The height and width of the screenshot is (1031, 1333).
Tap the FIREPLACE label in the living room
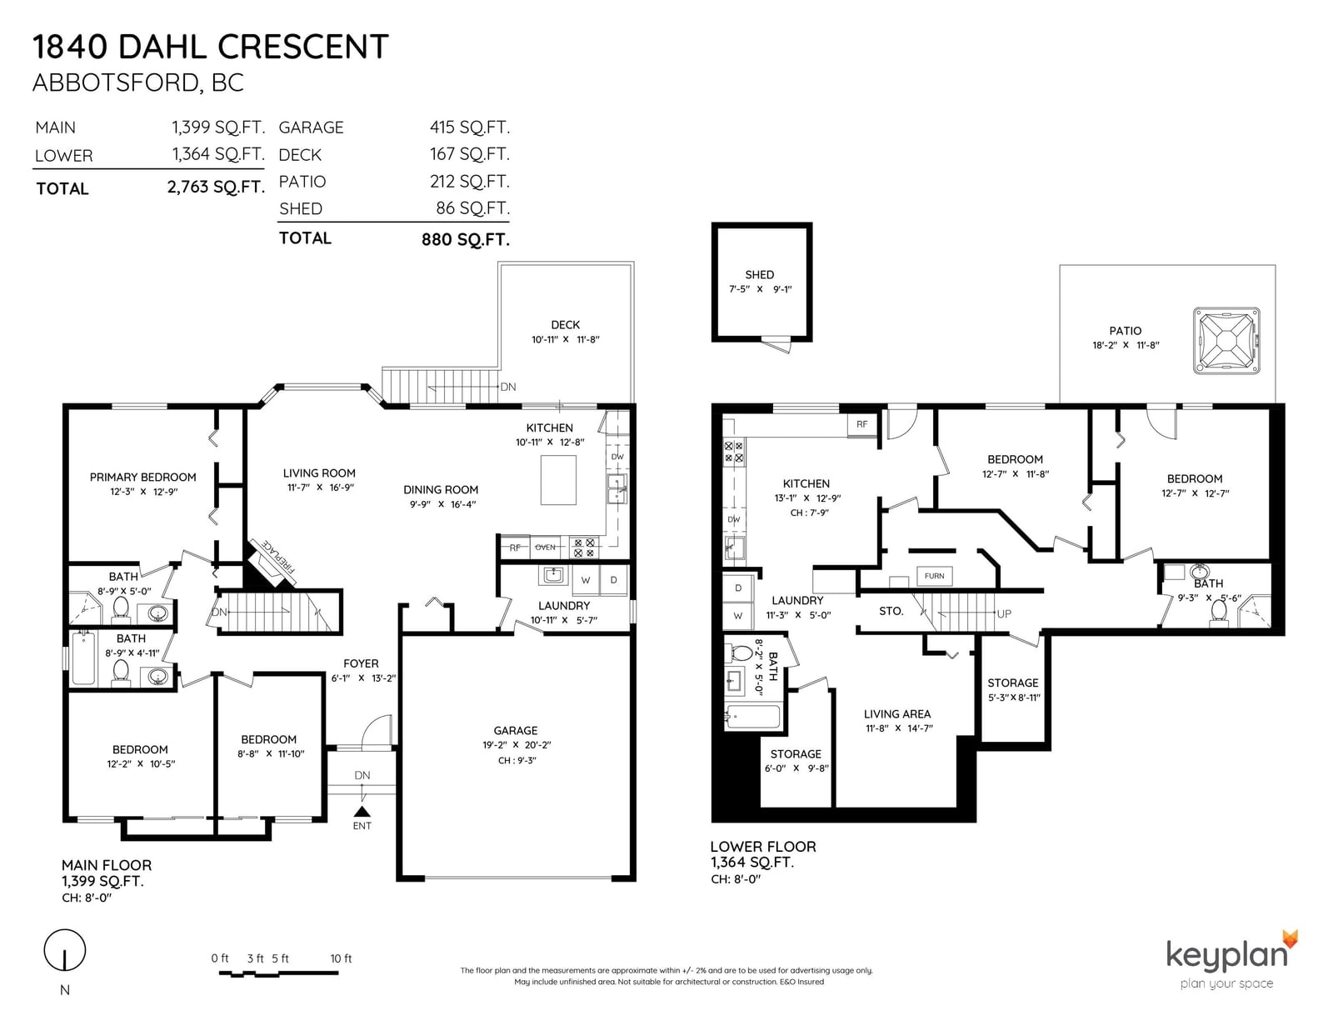[279, 556]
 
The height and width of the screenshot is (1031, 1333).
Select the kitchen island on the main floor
[558, 480]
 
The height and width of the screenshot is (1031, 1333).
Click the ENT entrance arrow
[362, 811]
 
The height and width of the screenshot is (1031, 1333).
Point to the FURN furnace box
[934, 576]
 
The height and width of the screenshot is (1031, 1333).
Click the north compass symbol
[64, 950]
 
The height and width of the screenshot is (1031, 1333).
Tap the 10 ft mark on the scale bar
[341, 958]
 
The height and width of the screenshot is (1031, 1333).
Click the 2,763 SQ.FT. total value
[216, 187]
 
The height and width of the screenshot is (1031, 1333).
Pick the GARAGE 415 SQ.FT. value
[470, 127]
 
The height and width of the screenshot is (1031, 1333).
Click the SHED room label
[760, 275]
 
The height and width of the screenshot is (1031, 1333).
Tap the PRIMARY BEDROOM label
[143, 478]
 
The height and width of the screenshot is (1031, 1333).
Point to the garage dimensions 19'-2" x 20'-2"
[517, 745]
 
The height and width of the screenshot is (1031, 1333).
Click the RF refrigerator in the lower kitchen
[862, 424]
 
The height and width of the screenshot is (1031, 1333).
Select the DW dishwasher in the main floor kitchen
[617, 457]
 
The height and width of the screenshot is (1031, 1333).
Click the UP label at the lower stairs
[1004, 613]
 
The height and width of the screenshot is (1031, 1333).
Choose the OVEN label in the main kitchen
[546, 548]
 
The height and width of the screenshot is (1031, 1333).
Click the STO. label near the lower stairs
[891, 611]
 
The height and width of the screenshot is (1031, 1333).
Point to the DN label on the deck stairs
[508, 387]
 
